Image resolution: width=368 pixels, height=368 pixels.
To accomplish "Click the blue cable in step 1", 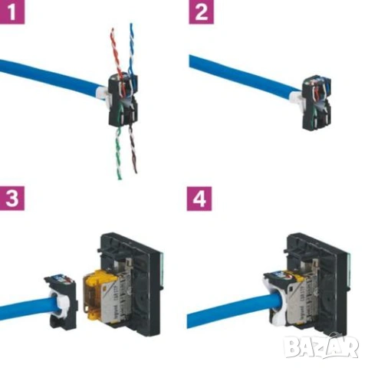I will coord(46,77).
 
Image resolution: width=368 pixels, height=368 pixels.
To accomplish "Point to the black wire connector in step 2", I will coord(317,103).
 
